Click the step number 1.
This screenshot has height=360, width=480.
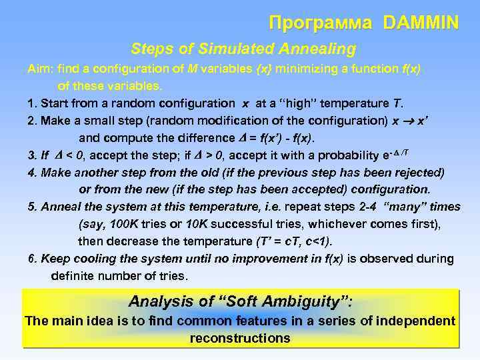[31, 103]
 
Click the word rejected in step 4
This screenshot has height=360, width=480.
[417, 172]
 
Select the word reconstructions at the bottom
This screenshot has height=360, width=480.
[240, 338]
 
